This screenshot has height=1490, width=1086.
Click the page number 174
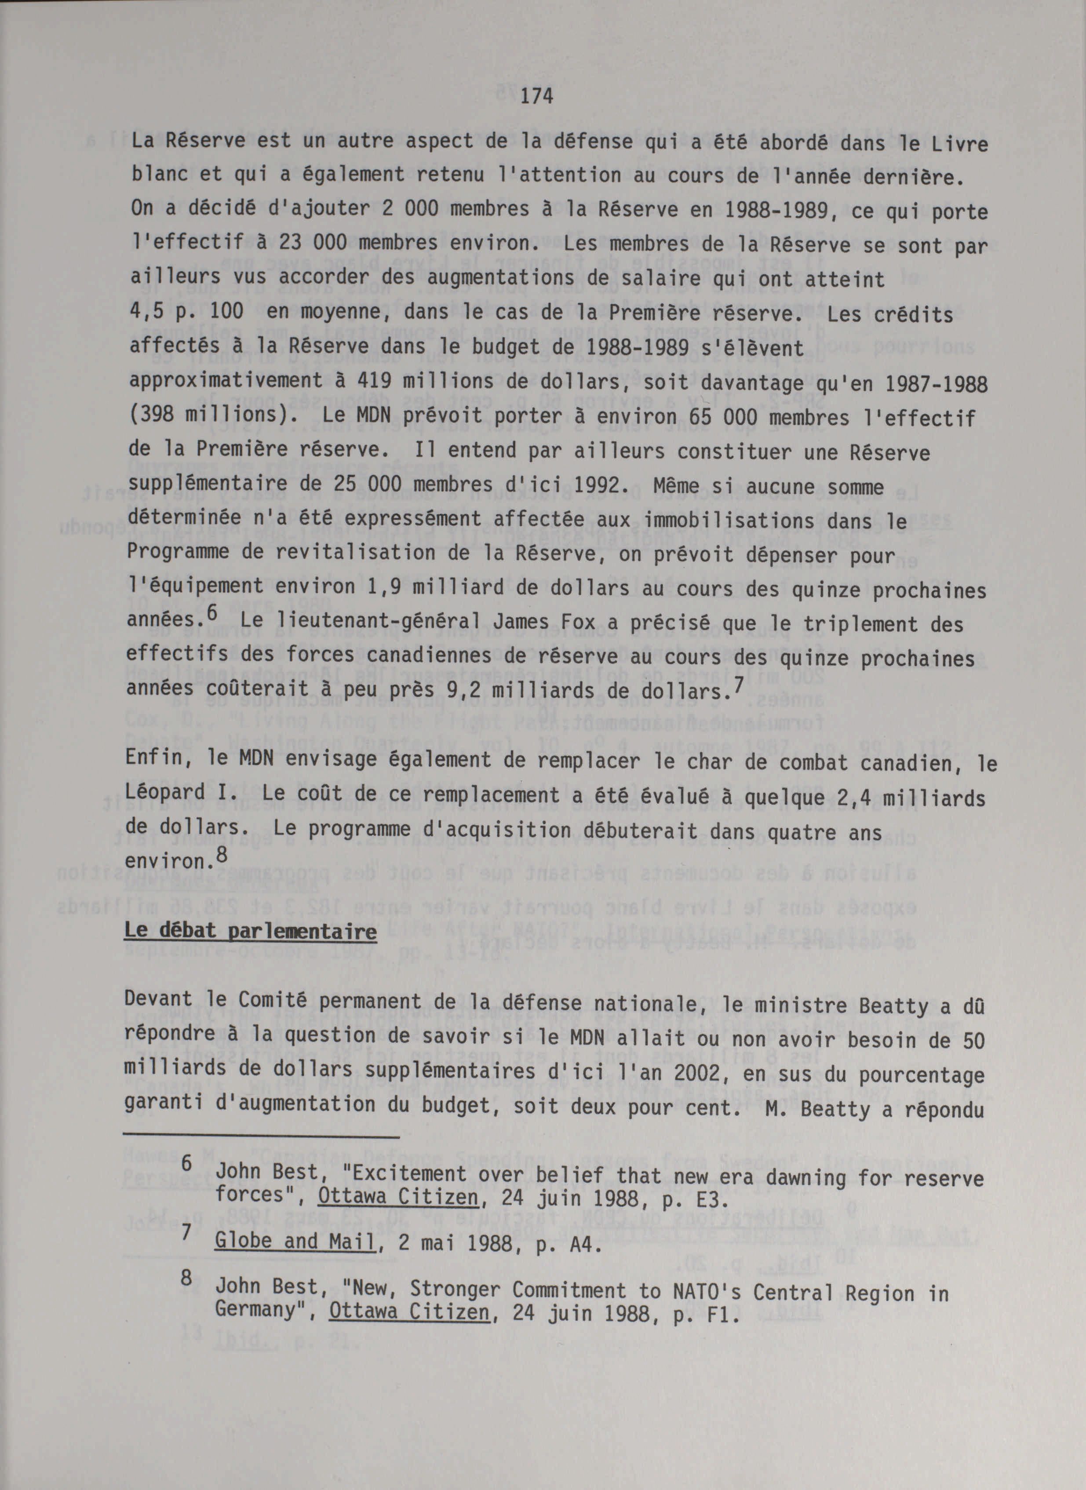[x=536, y=97]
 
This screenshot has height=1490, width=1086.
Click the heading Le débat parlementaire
[x=251, y=931]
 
